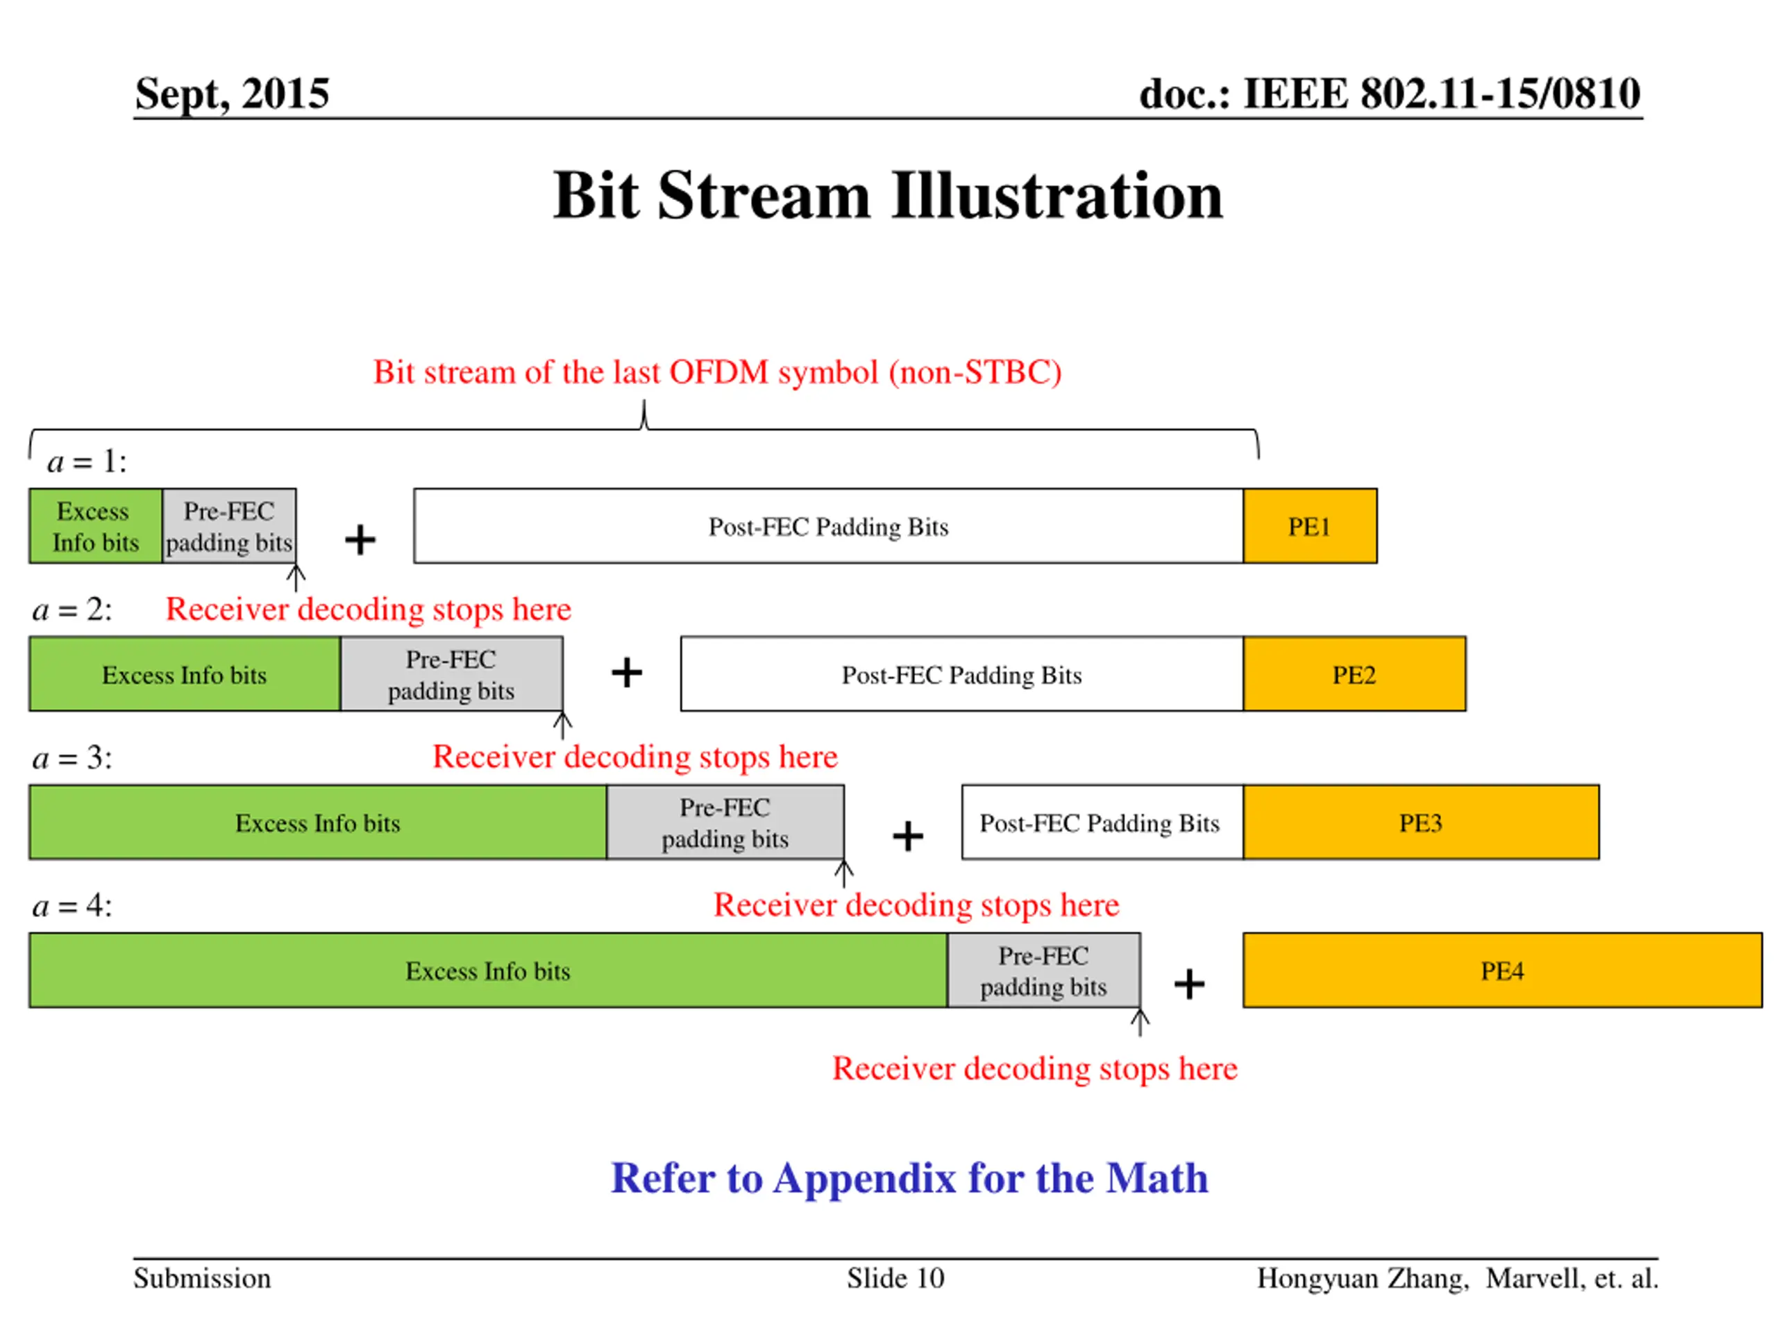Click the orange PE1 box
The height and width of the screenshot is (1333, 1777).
click(1309, 526)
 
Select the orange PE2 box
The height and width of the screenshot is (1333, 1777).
click(1354, 674)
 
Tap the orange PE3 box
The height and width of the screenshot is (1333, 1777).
click(1420, 822)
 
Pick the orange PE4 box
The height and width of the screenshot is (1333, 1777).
click(1501, 970)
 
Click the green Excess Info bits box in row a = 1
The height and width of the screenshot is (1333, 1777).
click(96, 526)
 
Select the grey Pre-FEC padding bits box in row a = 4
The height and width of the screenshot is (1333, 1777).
click(1043, 970)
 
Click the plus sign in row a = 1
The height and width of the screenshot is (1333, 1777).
click(360, 539)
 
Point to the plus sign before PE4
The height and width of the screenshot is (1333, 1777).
click(1189, 984)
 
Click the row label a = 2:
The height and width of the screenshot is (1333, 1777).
click(72, 610)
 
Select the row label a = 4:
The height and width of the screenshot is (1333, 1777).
click(72, 905)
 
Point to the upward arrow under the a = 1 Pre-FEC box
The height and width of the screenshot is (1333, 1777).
click(296, 577)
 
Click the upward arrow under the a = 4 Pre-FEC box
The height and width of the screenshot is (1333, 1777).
click(1139, 1022)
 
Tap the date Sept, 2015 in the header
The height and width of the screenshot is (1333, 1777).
click(231, 93)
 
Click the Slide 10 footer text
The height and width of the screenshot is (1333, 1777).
click(895, 1277)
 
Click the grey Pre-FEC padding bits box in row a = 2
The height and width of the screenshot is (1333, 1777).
click(450, 674)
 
